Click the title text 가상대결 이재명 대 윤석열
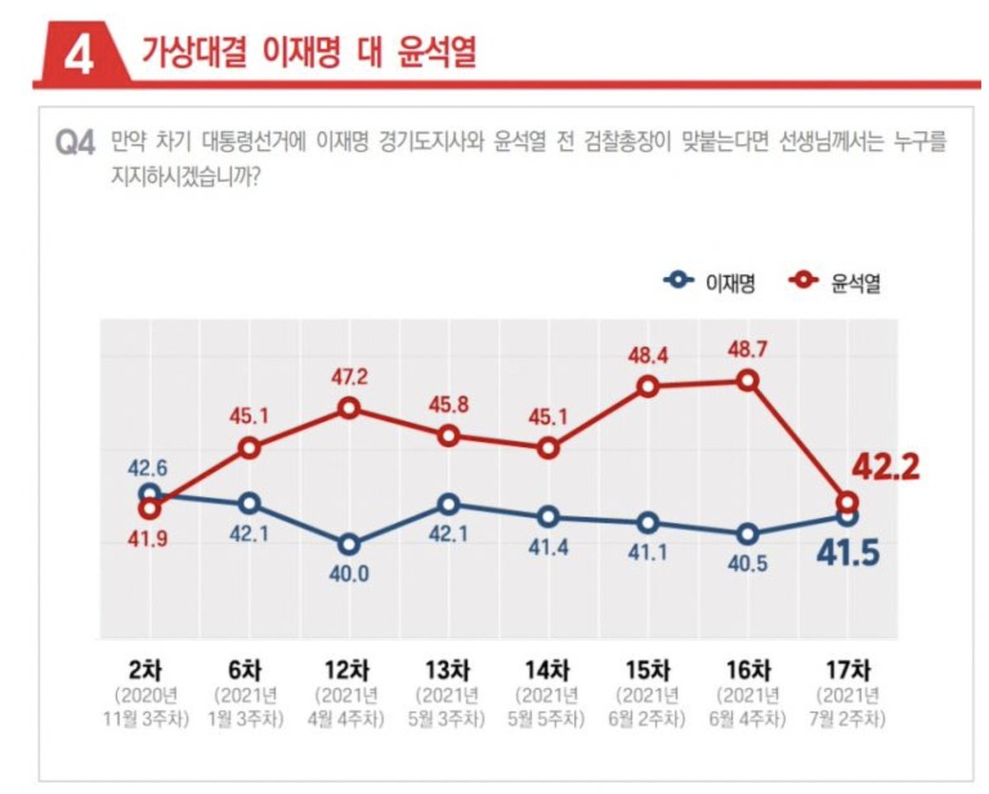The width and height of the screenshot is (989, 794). pyautogui.click(x=309, y=52)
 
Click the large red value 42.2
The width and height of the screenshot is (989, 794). pyautogui.click(x=885, y=467)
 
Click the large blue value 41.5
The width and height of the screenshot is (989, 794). pyautogui.click(x=847, y=552)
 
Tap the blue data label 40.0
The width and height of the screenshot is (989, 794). pyautogui.click(x=349, y=574)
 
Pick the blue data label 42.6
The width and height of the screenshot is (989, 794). pyautogui.click(x=148, y=467)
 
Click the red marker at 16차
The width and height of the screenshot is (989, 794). pyautogui.click(x=748, y=380)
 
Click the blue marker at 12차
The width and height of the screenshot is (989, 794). pyautogui.click(x=349, y=544)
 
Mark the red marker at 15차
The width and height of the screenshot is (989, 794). pyautogui.click(x=649, y=387)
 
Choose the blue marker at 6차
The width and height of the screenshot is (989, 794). pyautogui.click(x=249, y=503)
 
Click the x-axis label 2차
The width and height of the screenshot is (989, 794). pyautogui.click(x=148, y=665)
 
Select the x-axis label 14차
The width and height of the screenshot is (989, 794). pyautogui.click(x=548, y=665)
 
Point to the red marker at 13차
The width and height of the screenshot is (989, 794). pyautogui.click(x=448, y=436)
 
